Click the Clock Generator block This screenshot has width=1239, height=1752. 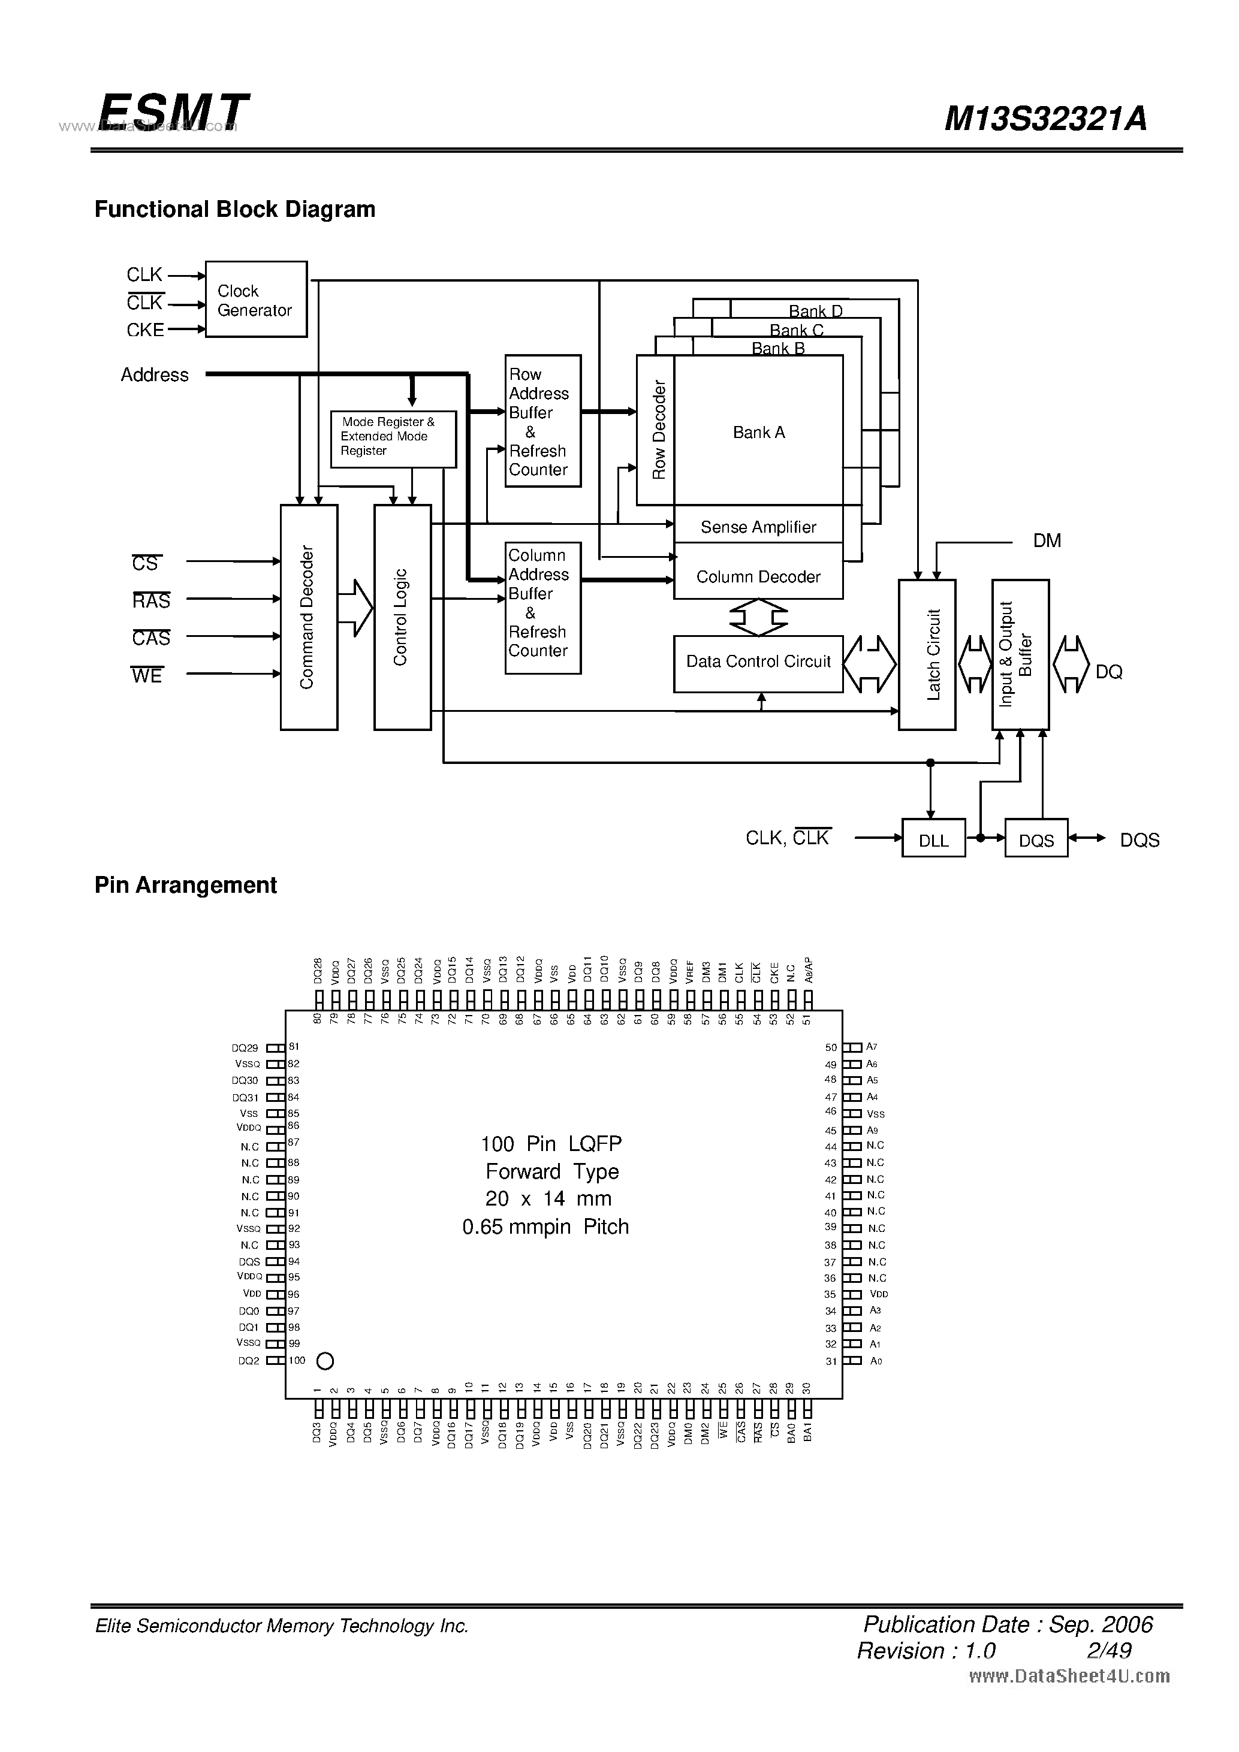click(256, 299)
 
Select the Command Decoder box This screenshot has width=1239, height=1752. click(309, 617)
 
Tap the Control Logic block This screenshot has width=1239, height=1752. click(402, 617)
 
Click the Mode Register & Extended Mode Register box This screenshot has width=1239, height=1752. click(393, 439)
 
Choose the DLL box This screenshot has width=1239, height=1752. click(933, 839)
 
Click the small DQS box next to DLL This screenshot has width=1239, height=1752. click(1036, 839)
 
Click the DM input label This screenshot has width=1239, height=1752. click(1047, 541)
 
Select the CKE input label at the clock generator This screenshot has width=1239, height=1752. click(145, 330)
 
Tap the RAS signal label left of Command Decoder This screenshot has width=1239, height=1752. click(151, 600)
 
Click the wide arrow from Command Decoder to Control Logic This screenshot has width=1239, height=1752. click(355, 608)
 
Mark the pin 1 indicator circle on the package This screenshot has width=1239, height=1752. click(325, 1361)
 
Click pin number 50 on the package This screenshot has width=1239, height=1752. click(831, 1048)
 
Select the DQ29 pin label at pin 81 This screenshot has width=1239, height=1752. click(245, 1049)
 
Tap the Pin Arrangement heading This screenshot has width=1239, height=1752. click(185, 885)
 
